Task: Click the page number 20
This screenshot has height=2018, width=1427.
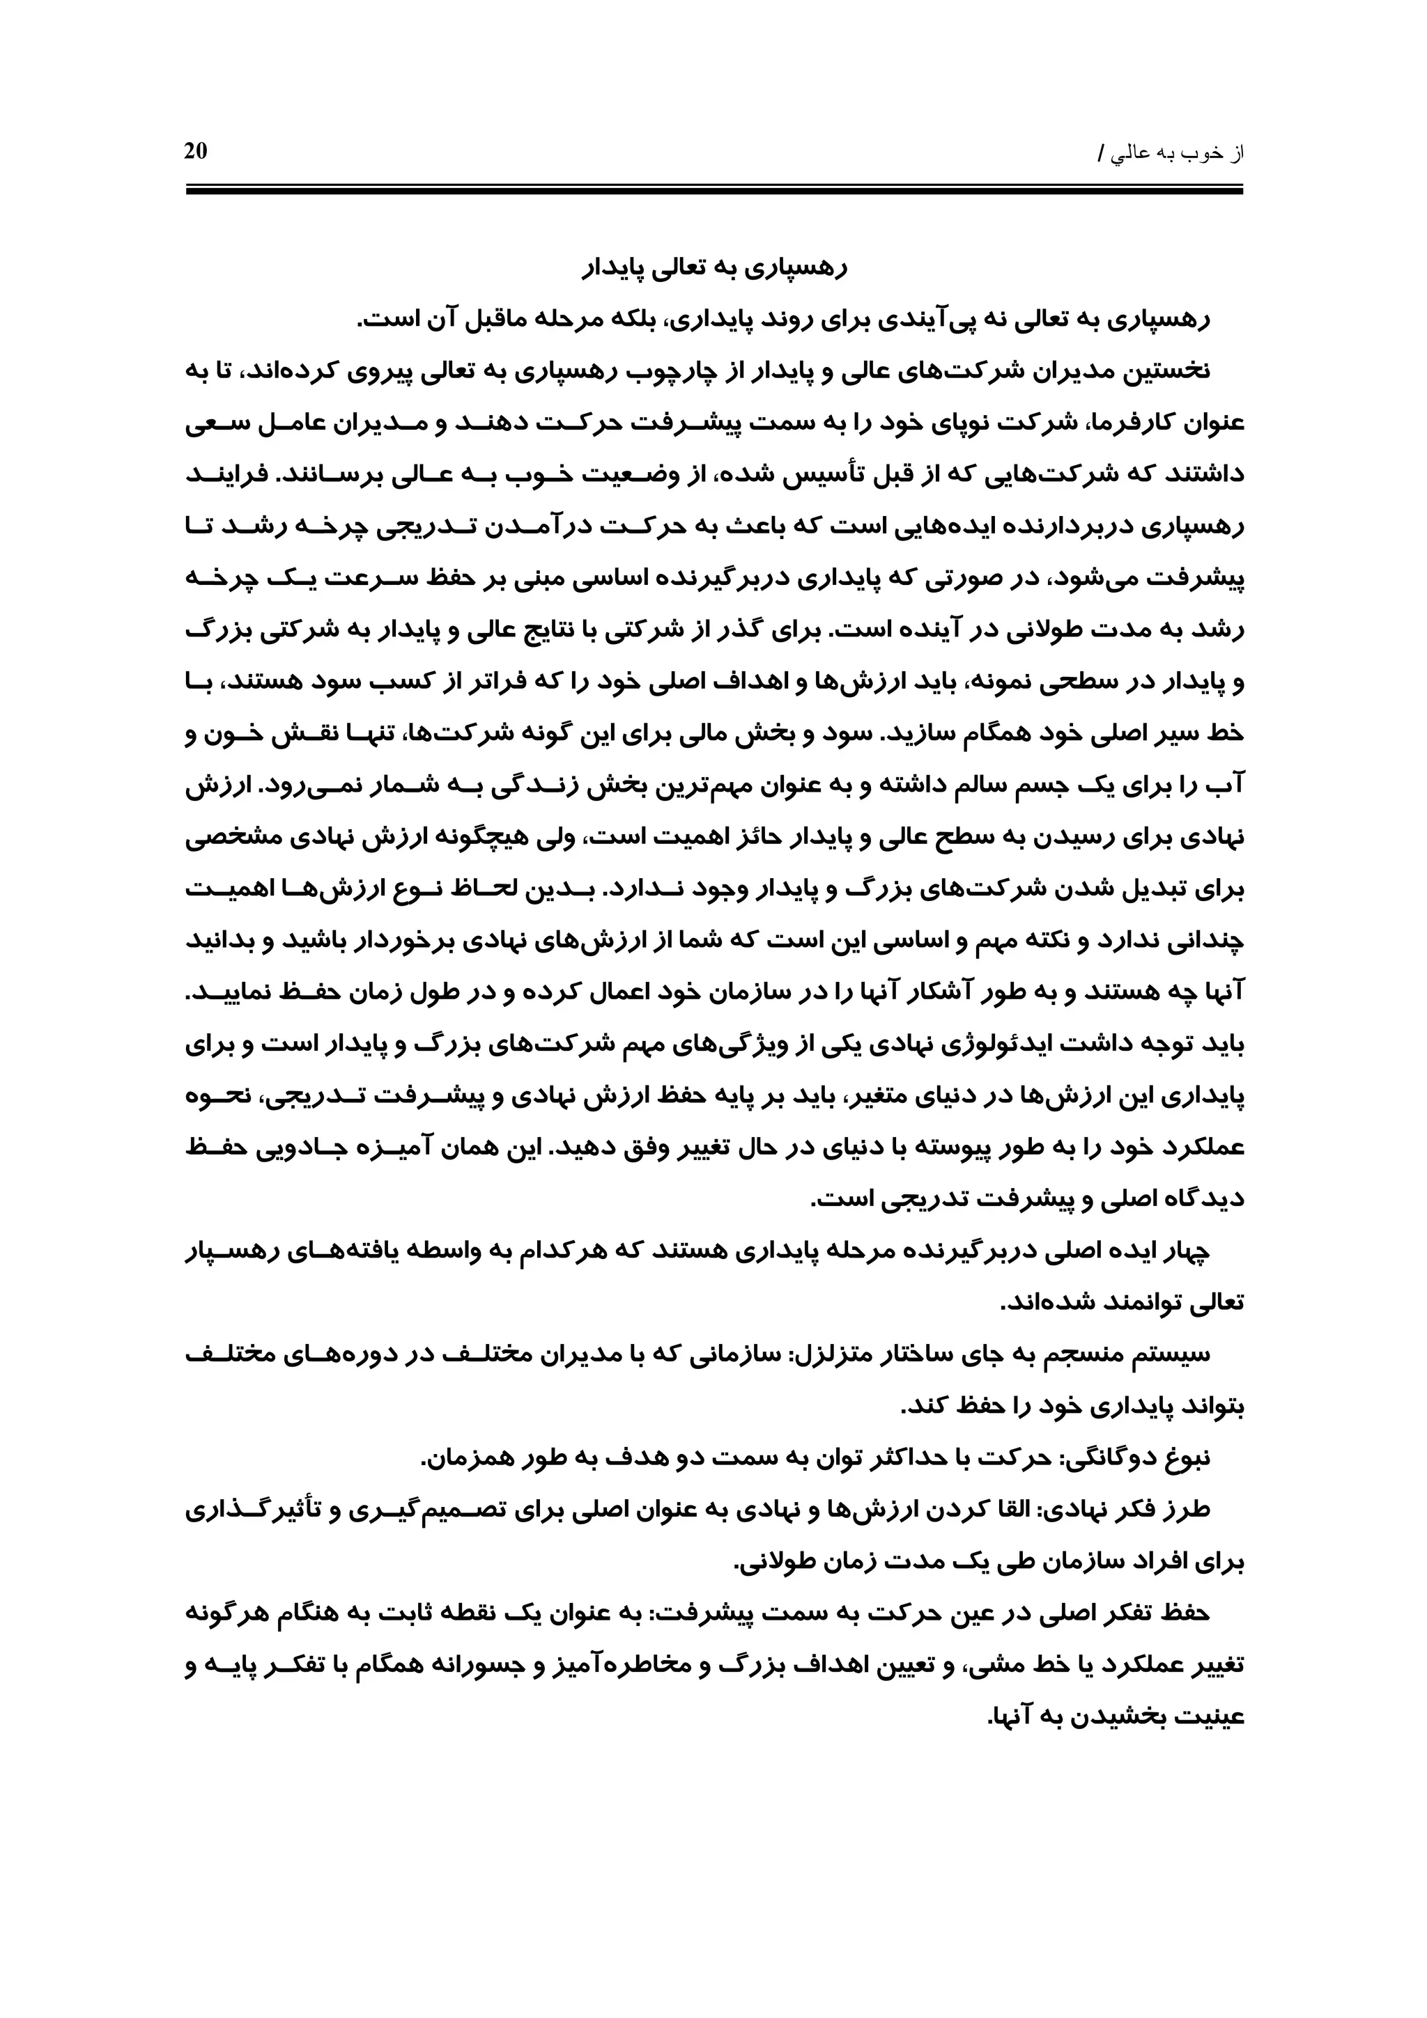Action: [x=195, y=151]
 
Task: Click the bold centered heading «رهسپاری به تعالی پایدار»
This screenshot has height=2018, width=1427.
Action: [x=714, y=268]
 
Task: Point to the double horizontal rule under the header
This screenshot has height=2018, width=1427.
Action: [x=714, y=188]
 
